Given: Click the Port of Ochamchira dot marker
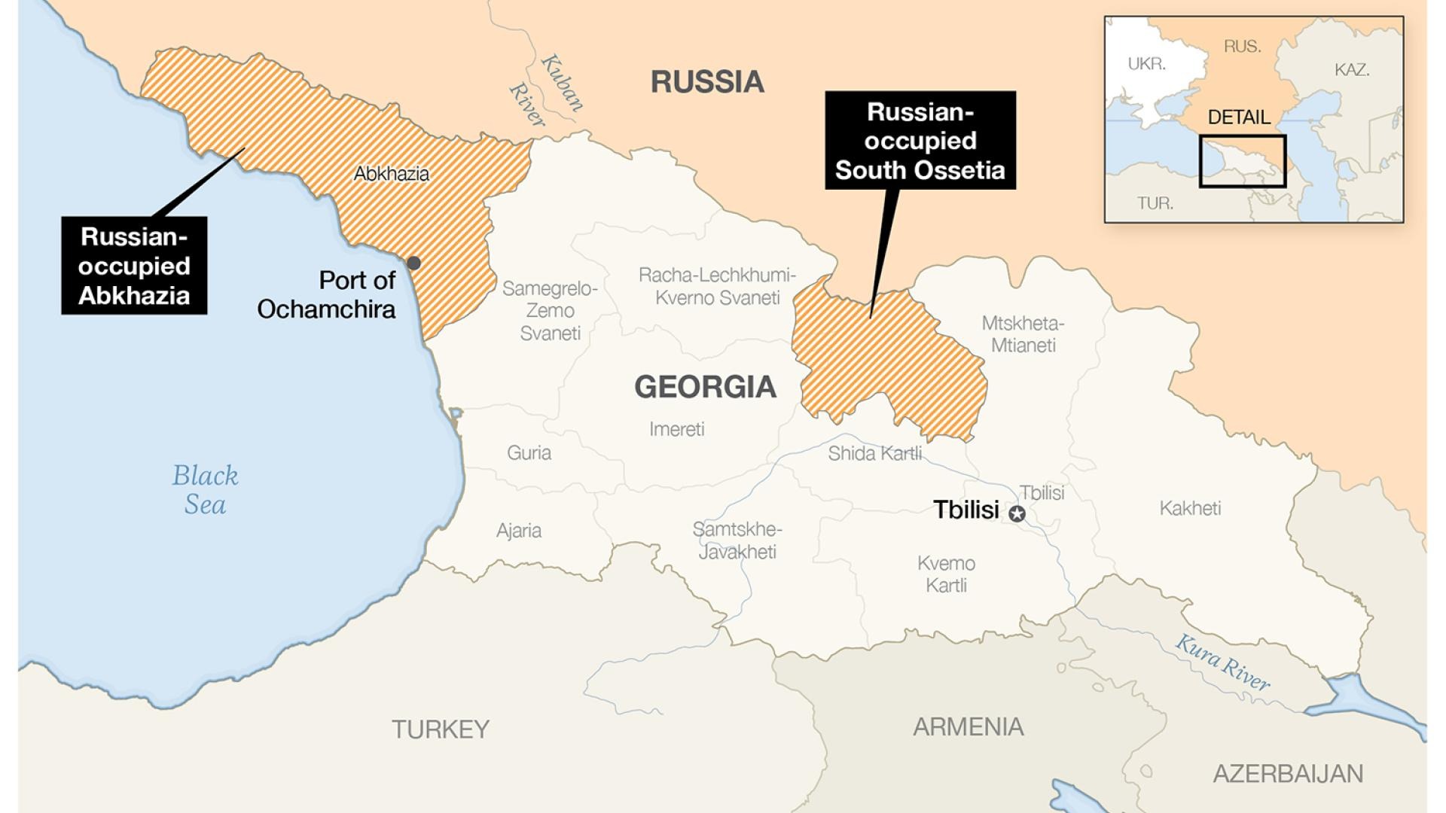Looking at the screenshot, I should [413, 263].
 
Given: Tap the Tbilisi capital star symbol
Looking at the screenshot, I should [1017, 514].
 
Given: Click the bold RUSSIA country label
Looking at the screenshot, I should [707, 81].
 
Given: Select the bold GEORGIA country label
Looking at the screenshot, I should [705, 387].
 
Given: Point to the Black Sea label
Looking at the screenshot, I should [205, 490].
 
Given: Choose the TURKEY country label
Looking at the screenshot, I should [441, 729].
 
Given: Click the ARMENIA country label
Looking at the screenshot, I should [969, 726].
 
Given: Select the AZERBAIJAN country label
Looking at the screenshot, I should [1288, 774].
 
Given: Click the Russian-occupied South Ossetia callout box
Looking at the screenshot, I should [920, 141].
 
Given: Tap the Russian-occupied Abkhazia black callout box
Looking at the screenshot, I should [134, 266].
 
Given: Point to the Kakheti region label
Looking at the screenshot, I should [1190, 508].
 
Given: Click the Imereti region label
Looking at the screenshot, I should [677, 429].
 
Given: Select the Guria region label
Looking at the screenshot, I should [529, 452].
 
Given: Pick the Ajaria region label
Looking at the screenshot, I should [519, 530].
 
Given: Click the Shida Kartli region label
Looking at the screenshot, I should [874, 453].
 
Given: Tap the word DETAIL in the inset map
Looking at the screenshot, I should [1239, 117].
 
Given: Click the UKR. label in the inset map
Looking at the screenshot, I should [1146, 64].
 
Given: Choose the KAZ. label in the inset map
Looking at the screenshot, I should [1352, 70].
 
